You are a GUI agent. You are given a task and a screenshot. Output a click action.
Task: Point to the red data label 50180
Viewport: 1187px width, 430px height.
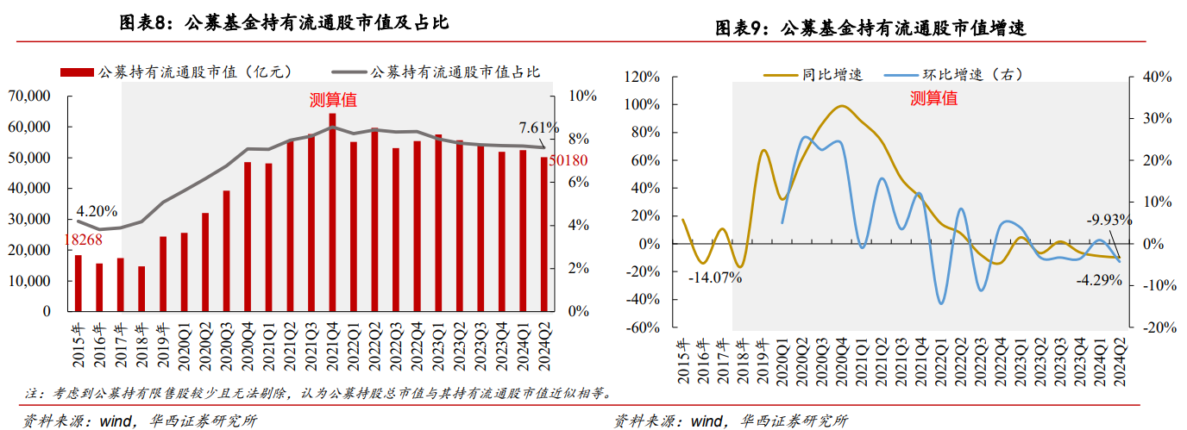tap(567, 161)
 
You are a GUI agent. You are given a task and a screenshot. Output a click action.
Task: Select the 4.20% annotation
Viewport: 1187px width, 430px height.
tap(97, 210)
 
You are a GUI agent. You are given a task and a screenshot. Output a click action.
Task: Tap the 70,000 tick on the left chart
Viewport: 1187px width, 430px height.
tap(31, 96)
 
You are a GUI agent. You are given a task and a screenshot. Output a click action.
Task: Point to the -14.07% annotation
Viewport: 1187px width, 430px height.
tap(715, 277)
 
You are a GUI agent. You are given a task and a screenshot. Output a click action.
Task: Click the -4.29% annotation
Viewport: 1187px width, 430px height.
tap(1098, 279)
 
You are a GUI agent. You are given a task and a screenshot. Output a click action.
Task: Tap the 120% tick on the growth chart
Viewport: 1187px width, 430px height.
tap(642, 78)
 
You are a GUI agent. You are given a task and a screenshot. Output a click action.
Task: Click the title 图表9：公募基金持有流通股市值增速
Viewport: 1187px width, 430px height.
tap(870, 28)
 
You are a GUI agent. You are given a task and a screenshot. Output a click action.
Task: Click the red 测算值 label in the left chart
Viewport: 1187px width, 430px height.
tap(333, 100)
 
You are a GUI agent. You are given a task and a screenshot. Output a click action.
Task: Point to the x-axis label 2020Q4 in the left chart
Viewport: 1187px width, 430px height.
tap(248, 342)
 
